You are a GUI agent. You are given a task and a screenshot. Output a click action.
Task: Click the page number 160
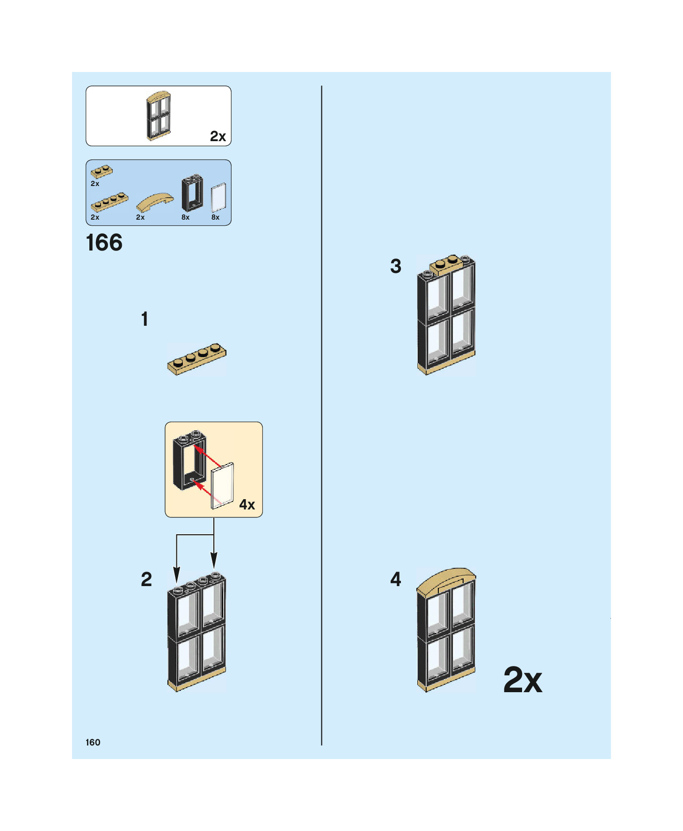pyautogui.click(x=93, y=742)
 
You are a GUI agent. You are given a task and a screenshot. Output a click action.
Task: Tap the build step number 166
pyautogui.click(x=104, y=243)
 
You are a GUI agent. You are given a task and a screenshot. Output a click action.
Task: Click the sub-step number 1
pyautogui.click(x=145, y=319)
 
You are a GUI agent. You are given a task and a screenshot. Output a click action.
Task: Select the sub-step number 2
pyautogui.click(x=146, y=580)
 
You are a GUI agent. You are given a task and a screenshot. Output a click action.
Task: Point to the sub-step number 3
pyautogui.click(x=396, y=266)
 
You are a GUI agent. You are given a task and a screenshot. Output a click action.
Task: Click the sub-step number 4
pyautogui.click(x=396, y=580)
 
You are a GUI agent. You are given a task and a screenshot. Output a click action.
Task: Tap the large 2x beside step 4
pyautogui.click(x=523, y=680)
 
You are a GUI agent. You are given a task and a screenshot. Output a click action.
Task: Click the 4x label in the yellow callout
pyautogui.click(x=247, y=505)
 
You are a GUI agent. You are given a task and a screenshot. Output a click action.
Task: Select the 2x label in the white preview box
pyautogui.click(x=218, y=136)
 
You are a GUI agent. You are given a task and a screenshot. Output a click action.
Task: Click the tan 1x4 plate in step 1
pyautogui.click(x=196, y=360)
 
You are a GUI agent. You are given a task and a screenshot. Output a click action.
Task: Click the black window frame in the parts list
pyautogui.click(x=192, y=194)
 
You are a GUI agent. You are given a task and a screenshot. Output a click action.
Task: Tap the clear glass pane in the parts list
pyautogui.click(x=218, y=198)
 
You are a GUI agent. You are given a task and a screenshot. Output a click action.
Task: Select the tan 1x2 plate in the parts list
pyautogui.click(x=102, y=172)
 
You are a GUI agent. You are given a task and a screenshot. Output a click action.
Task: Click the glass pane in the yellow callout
pyautogui.click(x=222, y=486)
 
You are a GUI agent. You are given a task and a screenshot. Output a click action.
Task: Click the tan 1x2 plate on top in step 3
pyautogui.click(x=447, y=265)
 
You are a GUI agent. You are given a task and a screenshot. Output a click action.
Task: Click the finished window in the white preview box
pyautogui.click(x=159, y=116)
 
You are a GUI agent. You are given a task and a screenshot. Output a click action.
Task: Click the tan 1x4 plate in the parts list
pyautogui.click(x=109, y=202)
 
